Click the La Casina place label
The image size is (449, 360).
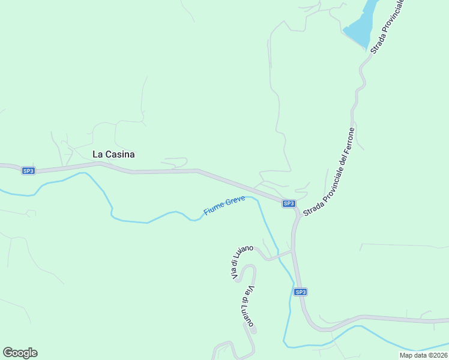(113, 154)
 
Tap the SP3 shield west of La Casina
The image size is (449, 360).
(28, 171)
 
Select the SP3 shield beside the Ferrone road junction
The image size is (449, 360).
(289, 203)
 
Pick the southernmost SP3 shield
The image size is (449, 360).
(301, 292)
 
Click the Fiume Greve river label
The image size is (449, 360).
(224, 206)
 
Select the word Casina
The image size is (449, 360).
(120, 154)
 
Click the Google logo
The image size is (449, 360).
(20, 353)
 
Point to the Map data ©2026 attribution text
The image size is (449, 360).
(423, 355)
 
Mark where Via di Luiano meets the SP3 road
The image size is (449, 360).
(293, 252)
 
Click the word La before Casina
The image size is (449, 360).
(98, 154)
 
